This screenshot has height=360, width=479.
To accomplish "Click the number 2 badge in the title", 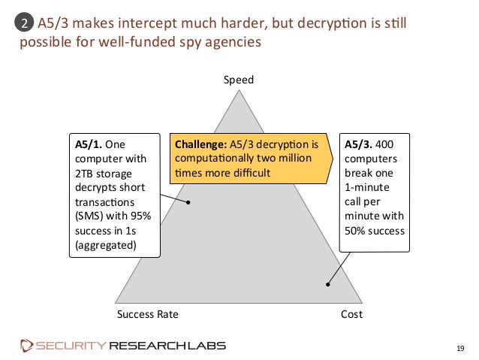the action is pyautogui.click(x=24, y=23).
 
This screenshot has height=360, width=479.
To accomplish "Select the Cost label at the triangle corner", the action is pyautogui.click(x=351, y=314).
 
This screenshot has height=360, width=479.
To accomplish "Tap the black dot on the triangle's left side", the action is pyautogui.click(x=188, y=202).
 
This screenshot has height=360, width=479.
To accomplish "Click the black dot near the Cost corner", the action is pyautogui.click(x=327, y=285).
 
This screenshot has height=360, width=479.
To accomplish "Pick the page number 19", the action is pyautogui.click(x=460, y=347).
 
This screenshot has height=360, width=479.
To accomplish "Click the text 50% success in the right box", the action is pyautogui.click(x=374, y=230).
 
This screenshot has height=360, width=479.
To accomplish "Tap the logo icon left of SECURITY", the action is pyautogui.click(x=27, y=346).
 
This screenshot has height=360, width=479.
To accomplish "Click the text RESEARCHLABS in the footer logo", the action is pyautogui.click(x=167, y=346).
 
